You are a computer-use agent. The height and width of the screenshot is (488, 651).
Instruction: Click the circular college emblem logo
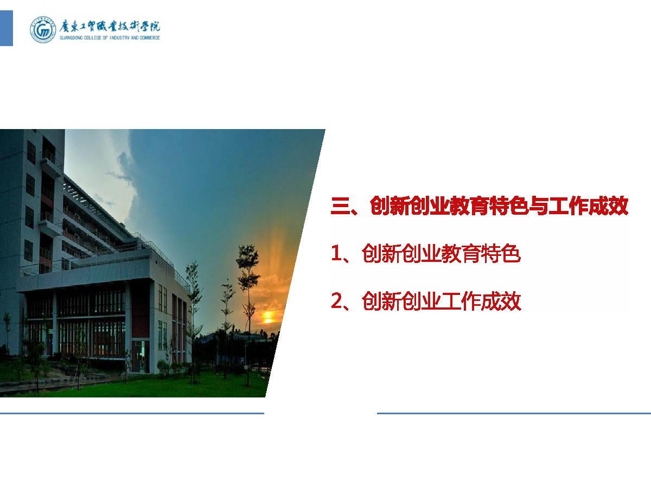tap(43, 30)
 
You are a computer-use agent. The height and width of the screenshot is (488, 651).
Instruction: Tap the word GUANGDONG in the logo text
tap(71, 38)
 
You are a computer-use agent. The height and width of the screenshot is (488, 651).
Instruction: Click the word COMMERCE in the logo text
tap(150, 38)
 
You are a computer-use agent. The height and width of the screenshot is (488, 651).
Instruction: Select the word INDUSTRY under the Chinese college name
tap(119, 38)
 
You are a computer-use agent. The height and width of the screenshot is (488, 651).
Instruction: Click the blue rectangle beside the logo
tap(6, 28)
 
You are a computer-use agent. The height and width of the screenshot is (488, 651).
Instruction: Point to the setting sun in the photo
tap(267, 317)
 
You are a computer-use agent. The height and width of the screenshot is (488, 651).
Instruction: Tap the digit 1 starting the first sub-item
tap(336, 254)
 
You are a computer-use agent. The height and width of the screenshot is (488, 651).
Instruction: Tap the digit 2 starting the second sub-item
tap(337, 300)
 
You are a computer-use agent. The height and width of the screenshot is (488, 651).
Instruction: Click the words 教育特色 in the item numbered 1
tap(481, 254)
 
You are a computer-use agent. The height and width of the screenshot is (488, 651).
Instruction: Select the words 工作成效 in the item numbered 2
tap(481, 301)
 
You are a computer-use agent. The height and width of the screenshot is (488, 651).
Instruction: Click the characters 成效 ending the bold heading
tap(608, 206)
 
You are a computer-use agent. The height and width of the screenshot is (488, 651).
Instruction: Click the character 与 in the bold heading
tap(538, 206)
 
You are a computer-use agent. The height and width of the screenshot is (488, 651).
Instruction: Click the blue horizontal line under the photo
tap(132, 413)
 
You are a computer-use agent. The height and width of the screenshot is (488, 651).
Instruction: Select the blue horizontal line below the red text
tap(514, 413)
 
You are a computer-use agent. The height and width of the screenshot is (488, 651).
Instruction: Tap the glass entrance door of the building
tap(141, 356)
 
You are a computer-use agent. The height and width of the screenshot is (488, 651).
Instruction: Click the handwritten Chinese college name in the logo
tap(110, 27)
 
